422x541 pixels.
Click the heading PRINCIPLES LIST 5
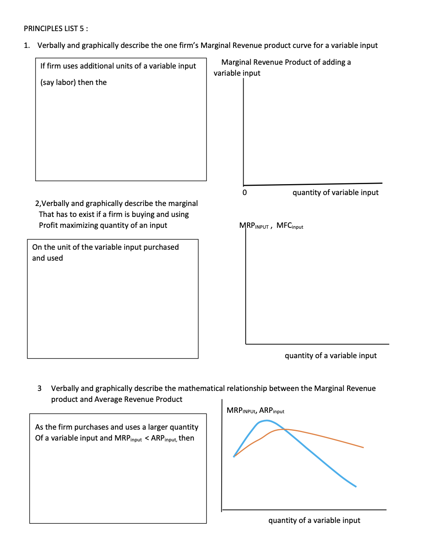56,29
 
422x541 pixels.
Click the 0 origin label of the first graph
244,193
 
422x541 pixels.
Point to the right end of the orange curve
363,447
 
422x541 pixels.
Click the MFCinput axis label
289,226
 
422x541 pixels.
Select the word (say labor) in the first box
58,82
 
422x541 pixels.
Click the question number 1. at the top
27,45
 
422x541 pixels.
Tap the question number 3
40,388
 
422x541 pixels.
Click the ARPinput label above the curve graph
272,411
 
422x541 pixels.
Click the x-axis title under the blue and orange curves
314,520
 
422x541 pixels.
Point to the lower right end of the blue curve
356,486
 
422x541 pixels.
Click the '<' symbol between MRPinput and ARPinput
147,438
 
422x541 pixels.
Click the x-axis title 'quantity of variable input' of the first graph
335,193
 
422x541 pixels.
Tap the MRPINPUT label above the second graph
254,226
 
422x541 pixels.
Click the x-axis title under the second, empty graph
330,356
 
